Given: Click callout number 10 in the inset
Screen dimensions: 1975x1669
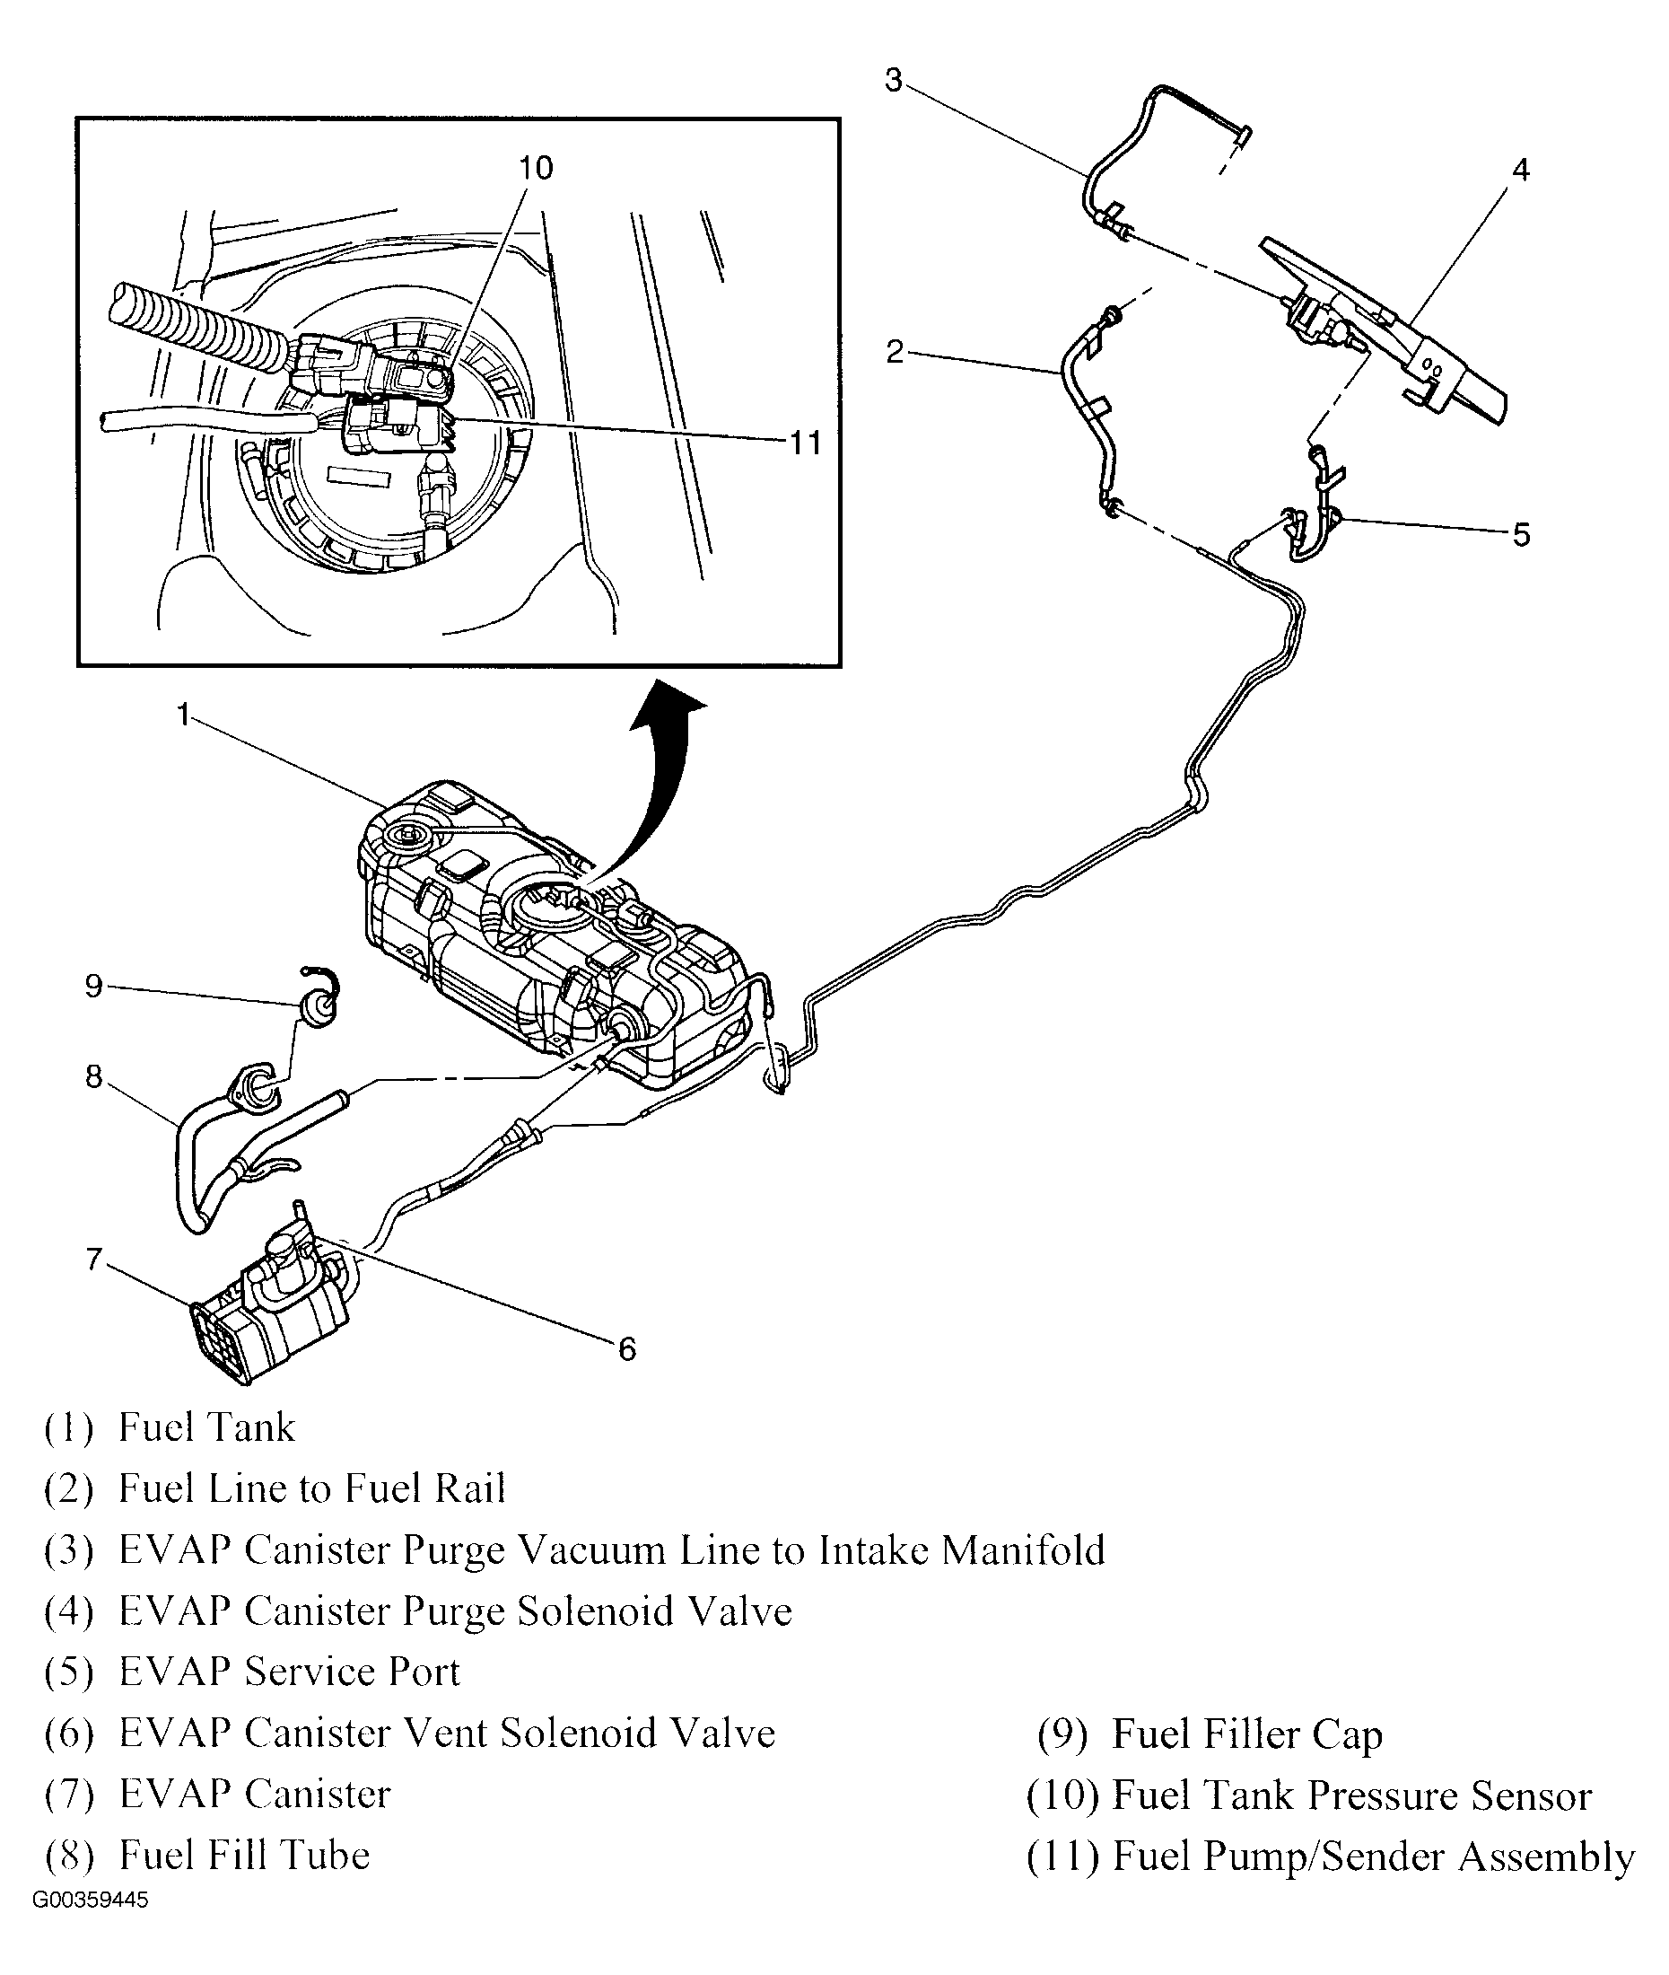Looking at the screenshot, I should click(x=536, y=169).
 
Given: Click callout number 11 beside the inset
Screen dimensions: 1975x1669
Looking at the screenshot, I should click(x=805, y=442).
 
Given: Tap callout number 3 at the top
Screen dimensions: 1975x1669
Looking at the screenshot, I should click(x=893, y=81).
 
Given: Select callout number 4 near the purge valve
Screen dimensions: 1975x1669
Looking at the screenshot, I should click(x=1519, y=171).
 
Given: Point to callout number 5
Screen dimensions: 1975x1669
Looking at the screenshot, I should click(x=1520, y=536).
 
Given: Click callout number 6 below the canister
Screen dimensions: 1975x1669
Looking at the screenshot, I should click(x=626, y=1349).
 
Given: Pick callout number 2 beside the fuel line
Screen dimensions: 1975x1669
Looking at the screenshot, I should click(x=894, y=353).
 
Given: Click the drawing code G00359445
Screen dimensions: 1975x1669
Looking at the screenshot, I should click(x=91, y=1900).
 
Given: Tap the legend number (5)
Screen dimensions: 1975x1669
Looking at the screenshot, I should click(x=69, y=1673).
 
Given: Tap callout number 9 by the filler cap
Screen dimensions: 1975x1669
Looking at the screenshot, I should click(x=92, y=986).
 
